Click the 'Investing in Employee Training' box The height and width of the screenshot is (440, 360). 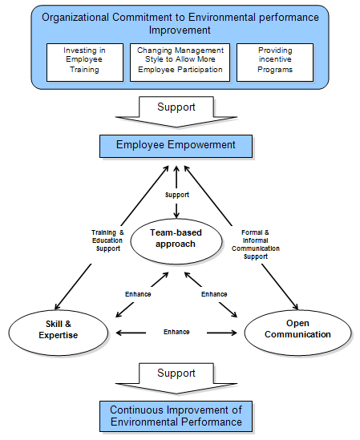[85, 63]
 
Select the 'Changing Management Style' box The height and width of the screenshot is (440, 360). [180, 63]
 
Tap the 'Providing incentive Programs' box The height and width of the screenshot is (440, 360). [275, 63]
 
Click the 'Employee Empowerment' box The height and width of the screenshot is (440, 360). [176, 146]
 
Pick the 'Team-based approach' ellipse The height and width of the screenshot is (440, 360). [176, 241]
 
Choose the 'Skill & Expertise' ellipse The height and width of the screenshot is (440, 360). [59, 333]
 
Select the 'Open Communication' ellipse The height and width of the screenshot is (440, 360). [297, 333]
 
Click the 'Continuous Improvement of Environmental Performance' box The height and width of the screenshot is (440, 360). [176, 416]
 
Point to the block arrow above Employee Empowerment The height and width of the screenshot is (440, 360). [176, 112]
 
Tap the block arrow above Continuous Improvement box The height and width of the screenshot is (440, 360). [176, 378]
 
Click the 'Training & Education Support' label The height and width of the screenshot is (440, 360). [107, 240]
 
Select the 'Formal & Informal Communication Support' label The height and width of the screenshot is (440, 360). [256, 244]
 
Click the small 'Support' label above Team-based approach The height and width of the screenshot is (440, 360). [177, 195]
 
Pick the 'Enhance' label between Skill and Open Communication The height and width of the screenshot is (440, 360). [176, 332]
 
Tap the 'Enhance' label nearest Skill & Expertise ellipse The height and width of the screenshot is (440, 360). [138, 294]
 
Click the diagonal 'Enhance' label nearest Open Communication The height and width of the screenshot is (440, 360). [214, 294]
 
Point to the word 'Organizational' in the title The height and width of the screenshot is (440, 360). [75, 18]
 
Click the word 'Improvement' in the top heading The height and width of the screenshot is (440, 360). [180, 30]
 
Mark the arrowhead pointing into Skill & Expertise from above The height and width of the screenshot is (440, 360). [57, 306]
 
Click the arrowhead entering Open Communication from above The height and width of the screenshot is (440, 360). [296, 306]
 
